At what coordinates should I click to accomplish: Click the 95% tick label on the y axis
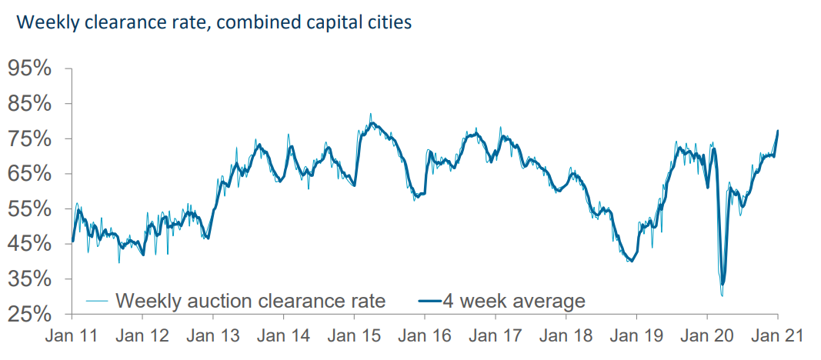point(30,68)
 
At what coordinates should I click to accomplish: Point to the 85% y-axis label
point(30,104)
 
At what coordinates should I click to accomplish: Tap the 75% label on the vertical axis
point(30,139)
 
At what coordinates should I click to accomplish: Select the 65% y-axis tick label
point(30,174)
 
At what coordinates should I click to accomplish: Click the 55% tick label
point(30,209)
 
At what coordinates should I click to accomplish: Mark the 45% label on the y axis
point(30,244)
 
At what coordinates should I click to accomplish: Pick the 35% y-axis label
point(30,279)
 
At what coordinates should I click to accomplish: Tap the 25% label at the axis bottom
point(30,314)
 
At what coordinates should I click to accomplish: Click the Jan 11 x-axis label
point(72,336)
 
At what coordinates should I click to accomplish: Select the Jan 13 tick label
point(213,336)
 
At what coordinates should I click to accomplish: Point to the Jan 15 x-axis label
point(354,336)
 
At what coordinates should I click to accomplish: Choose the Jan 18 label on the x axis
point(566,336)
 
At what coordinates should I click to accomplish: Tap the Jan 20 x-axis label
point(706,336)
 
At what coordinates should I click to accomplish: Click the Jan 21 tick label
point(777,336)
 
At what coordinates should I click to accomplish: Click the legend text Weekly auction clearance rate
point(250,300)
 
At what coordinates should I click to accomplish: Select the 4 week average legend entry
point(513,300)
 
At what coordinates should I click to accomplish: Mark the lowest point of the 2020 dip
point(722,295)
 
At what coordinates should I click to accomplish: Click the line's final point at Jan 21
point(778,131)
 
